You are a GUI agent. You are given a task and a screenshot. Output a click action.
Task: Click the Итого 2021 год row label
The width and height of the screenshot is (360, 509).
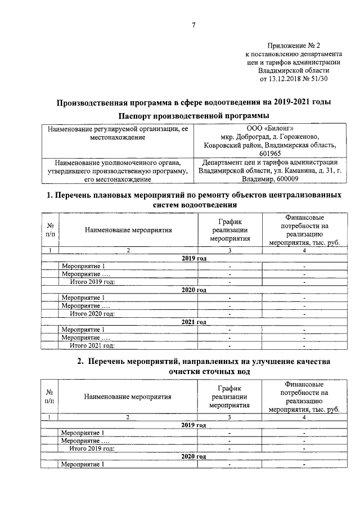[x=92, y=345]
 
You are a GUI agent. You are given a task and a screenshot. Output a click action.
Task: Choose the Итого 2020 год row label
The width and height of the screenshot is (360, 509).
[x=92, y=313]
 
